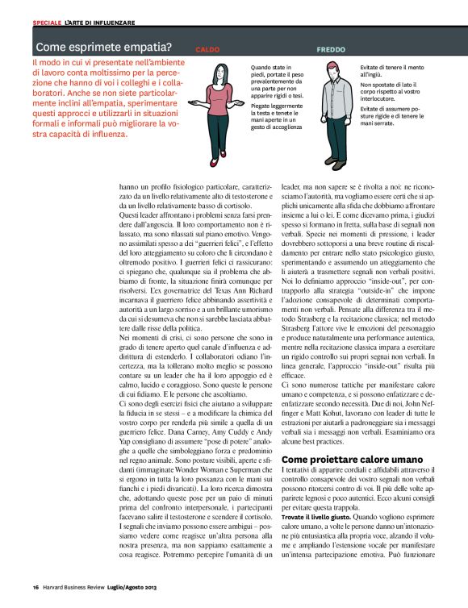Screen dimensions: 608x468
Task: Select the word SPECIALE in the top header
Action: click(48, 21)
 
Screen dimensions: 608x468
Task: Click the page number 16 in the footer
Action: click(36, 586)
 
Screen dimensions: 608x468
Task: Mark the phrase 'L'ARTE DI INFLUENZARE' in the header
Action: click(100, 21)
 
